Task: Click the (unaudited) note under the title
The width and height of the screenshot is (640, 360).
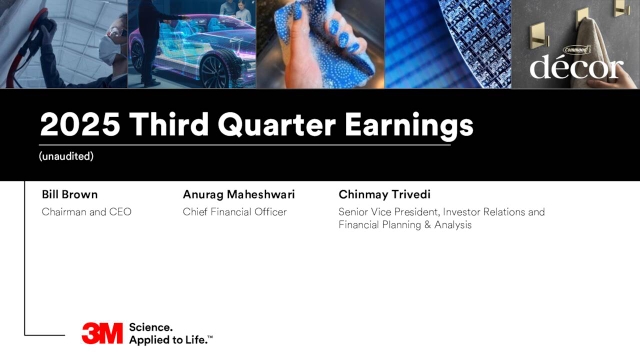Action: click(66, 157)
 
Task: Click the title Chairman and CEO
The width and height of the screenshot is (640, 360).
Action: click(86, 212)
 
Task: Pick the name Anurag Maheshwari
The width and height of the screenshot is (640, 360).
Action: click(239, 193)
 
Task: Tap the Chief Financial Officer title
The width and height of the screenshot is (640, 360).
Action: click(235, 212)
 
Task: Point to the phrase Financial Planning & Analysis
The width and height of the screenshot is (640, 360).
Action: click(405, 225)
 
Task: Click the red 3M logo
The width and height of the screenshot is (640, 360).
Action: click(103, 333)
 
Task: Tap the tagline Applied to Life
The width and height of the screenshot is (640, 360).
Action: click(170, 340)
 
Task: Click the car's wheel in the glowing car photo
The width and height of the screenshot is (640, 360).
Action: click(215, 69)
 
